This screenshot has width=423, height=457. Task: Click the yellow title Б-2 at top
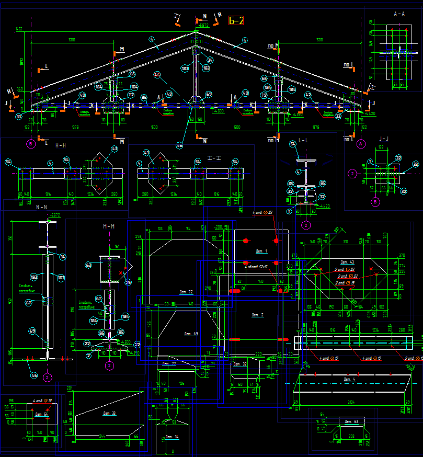click(x=236, y=20)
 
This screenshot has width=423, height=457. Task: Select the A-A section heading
click(x=399, y=14)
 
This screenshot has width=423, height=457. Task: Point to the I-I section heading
click(x=215, y=157)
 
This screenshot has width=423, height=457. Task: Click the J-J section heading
click(x=384, y=139)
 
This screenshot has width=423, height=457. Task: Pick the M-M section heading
click(x=109, y=226)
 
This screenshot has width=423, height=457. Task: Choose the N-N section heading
click(x=41, y=207)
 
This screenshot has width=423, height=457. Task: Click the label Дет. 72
click(x=186, y=291)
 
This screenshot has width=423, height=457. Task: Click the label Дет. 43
click(x=348, y=261)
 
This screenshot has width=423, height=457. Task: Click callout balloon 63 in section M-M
click(x=88, y=266)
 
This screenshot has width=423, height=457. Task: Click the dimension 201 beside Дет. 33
click(x=70, y=388)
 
